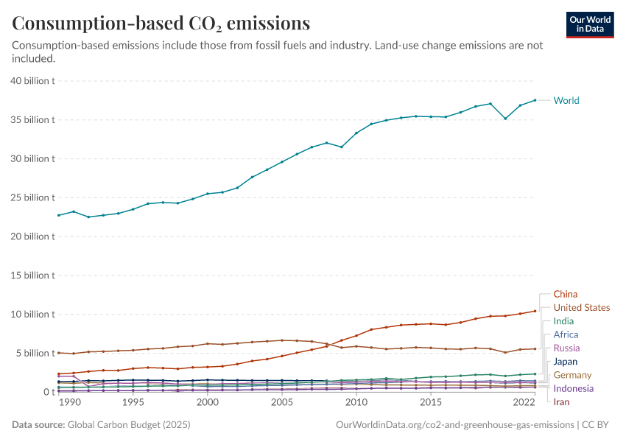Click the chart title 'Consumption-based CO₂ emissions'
[x=161, y=24]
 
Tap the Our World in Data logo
[x=589, y=24]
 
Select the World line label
[x=566, y=100]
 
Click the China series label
[x=565, y=294]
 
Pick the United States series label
[x=581, y=307]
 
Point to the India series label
[x=563, y=321]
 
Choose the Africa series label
[x=566, y=334]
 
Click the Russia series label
[x=566, y=348]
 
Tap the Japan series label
[x=566, y=362]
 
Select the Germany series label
[x=572, y=375]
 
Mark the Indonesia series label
[x=573, y=388]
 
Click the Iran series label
[x=561, y=401]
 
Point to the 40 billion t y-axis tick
[x=33, y=81]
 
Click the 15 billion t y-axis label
[x=33, y=276]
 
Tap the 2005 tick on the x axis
[x=281, y=403]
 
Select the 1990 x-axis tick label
[x=69, y=403]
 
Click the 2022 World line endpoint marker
[x=535, y=100]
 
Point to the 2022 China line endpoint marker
[x=535, y=311]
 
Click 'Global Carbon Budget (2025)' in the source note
[x=128, y=425]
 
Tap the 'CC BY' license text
[x=598, y=425]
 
